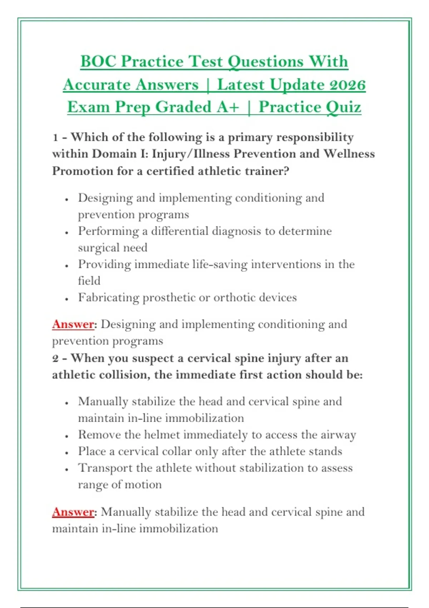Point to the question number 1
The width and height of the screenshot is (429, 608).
55,138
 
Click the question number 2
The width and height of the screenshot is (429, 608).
56,359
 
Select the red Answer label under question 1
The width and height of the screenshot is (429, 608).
73,324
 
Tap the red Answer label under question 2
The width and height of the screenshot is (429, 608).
73,512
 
